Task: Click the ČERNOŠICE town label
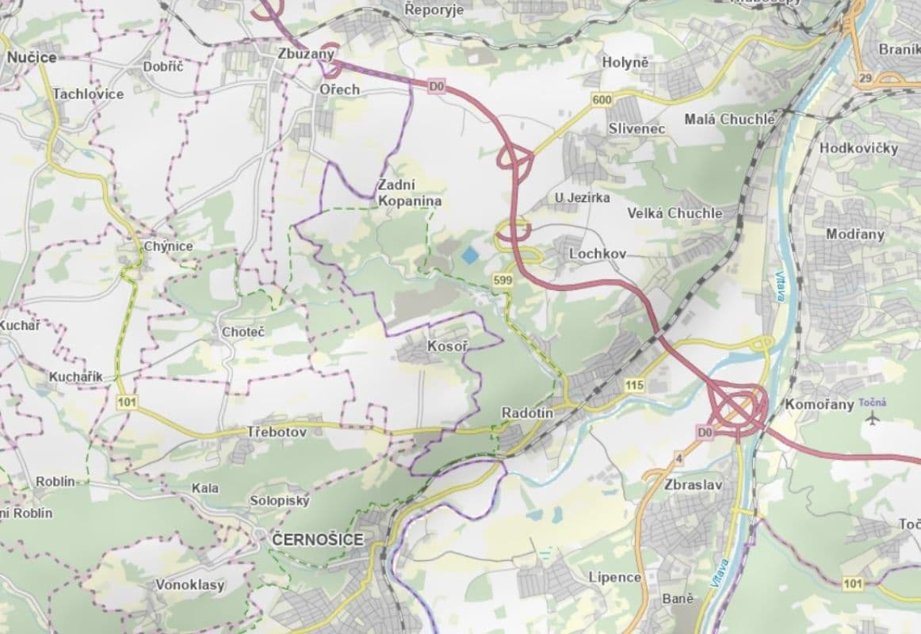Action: [317, 540]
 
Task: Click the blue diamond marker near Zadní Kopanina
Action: [471, 255]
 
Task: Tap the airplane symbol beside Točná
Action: [874, 417]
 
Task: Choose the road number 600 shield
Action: [602, 99]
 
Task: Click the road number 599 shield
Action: [502, 281]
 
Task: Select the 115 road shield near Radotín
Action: [633, 385]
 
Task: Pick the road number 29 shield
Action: [865, 78]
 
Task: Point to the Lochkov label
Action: [598, 254]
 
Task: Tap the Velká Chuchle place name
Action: [675, 213]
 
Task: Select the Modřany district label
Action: [854, 234]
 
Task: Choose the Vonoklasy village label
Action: [190, 585]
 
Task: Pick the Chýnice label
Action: [168, 246]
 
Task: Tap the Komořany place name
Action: [820, 404]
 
